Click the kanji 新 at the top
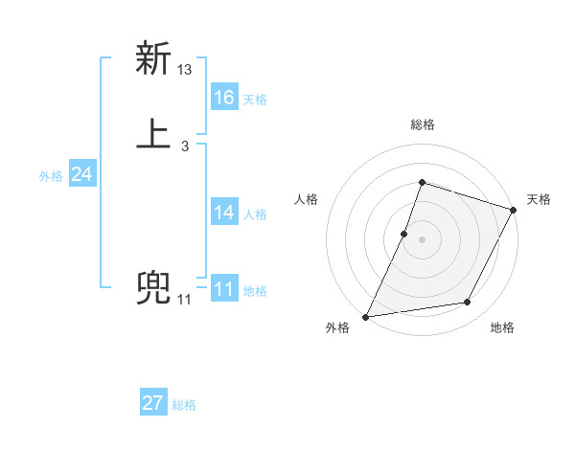click(x=154, y=59)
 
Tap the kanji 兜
click(x=154, y=289)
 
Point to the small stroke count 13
click(x=185, y=70)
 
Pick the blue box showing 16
click(x=223, y=97)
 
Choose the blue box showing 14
click(x=223, y=213)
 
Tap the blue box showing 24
click(x=81, y=174)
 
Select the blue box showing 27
click(x=153, y=403)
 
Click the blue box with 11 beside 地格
click(x=223, y=289)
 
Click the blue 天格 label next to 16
click(x=255, y=100)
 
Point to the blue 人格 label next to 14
click(x=255, y=214)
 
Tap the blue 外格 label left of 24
click(x=51, y=176)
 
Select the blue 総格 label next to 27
click(x=184, y=405)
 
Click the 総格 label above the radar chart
click(x=422, y=124)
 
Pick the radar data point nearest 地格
click(x=468, y=303)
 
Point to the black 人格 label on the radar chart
click(x=307, y=199)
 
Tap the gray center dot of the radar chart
click(x=422, y=239)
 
